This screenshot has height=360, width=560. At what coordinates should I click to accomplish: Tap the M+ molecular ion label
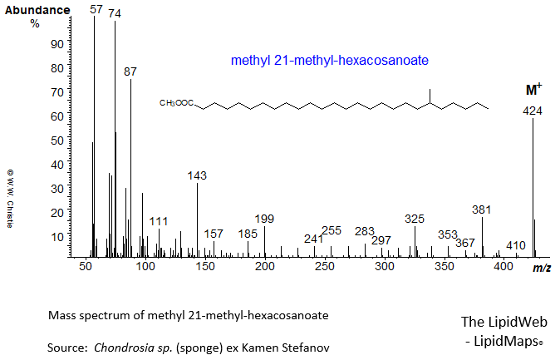click(x=533, y=89)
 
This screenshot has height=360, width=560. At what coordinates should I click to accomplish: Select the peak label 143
click(x=197, y=175)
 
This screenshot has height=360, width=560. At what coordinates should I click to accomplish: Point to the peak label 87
click(x=130, y=72)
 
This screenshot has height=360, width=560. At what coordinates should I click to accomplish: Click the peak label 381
click(x=482, y=210)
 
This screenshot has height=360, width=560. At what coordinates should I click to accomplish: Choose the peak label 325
click(x=415, y=219)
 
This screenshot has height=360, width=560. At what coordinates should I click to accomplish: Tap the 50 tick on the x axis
click(x=86, y=267)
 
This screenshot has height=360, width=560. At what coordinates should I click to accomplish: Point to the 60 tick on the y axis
click(x=57, y=117)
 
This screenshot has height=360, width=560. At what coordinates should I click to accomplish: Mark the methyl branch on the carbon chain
click(x=430, y=94)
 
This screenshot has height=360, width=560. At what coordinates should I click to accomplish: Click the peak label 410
click(x=516, y=245)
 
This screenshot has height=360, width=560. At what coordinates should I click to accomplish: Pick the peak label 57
click(x=96, y=8)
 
